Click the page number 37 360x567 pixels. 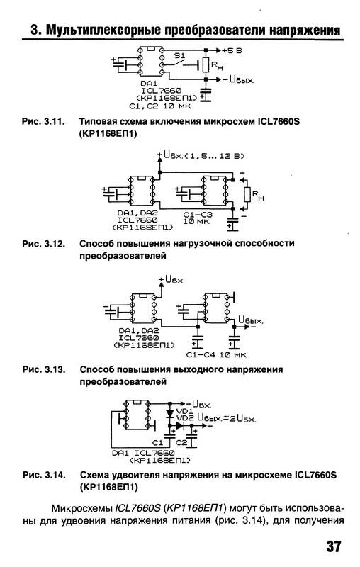coord(333,546)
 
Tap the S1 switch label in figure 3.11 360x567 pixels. coord(179,56)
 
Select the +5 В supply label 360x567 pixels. coord(232,50)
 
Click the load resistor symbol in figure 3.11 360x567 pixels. coord(206,64)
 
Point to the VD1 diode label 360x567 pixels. coord(185,411)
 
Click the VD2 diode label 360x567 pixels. coord(185,417)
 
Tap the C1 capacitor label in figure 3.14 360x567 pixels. coord(158,442)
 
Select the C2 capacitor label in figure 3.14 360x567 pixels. coord(181,442)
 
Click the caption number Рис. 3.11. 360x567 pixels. coord(43,121)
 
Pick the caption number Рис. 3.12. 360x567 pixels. coord(44,243)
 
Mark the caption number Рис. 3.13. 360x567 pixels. coord(44,369)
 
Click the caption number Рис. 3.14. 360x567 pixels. coord(44,475)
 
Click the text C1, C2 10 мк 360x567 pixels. coord(160,106)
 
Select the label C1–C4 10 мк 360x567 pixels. coord(216,355)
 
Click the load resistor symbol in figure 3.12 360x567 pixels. coord(247,194)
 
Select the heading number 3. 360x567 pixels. coord(35,30)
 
